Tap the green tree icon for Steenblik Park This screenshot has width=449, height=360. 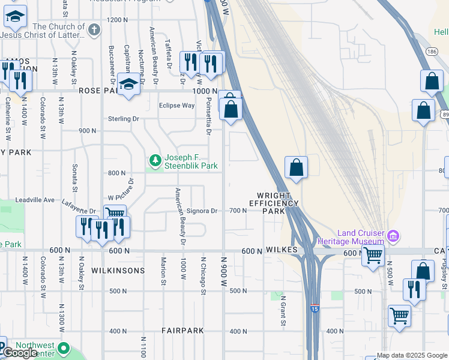pos(155,160)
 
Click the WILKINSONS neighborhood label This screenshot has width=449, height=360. pos(118,271)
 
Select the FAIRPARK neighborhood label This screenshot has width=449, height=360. pos(183,331)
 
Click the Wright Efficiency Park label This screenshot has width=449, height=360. pos(275,203)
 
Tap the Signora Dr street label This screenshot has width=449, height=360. pos(202,211)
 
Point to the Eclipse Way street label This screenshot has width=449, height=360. pos(176,106)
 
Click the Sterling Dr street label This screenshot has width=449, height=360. pos(124,119)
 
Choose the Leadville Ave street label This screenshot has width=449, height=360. pos(35,199)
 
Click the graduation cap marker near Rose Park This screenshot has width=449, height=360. pos(128,85)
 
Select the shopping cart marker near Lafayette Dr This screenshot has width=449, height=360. pos(114,215)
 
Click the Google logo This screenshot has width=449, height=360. pos(20,353)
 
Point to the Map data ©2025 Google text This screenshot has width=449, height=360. pos(411,355)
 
